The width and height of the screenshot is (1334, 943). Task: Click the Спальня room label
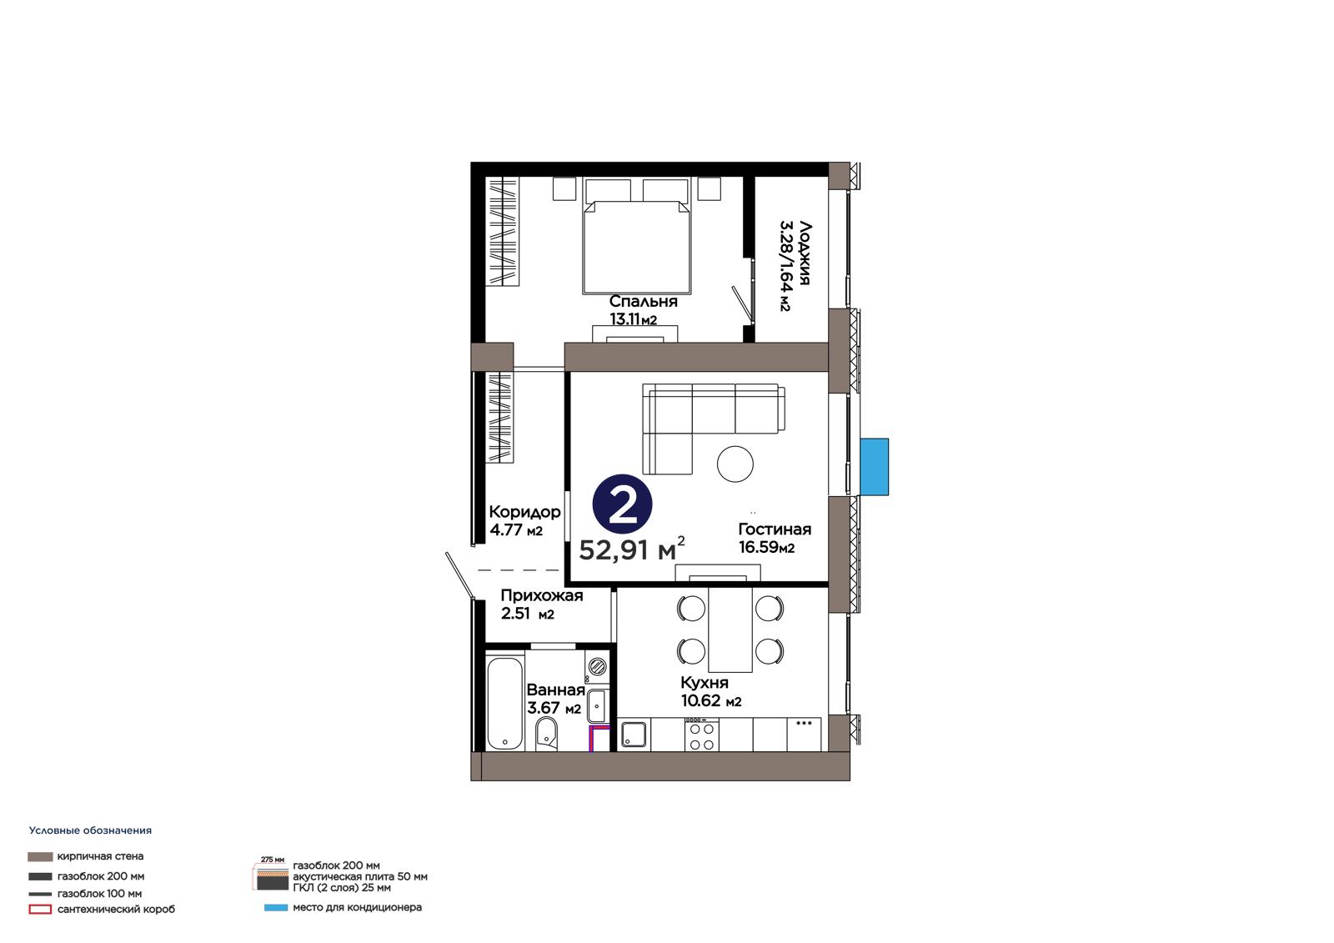click(x=643, y=302)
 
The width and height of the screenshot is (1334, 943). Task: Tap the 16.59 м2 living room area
click(x=767, y=547)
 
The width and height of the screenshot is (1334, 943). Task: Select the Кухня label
click(x=705, y=683)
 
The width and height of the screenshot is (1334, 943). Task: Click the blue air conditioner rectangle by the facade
click(x=875, y=467)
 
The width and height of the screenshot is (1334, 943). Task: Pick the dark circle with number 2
click(x=622, y=504)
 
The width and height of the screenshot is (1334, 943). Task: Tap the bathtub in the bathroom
click(x=505, y=703)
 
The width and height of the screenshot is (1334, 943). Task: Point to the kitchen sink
click(x=634, y=735)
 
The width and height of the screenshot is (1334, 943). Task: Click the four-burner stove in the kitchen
click(x=701, y=735)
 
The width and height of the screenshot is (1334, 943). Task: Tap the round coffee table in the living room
click(x=735, y=464)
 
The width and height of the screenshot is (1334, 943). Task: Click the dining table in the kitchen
click(x=730, y=630)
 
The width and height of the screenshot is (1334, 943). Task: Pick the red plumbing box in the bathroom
click(x=599, y=738)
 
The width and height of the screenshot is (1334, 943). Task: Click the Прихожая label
click(x=542, y=595)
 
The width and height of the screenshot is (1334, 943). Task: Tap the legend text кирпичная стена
click(x=100, y=856)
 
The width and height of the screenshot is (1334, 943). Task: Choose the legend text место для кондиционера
click(x=358, y=907)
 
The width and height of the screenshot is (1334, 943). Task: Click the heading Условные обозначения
click(x=91, y=830)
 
